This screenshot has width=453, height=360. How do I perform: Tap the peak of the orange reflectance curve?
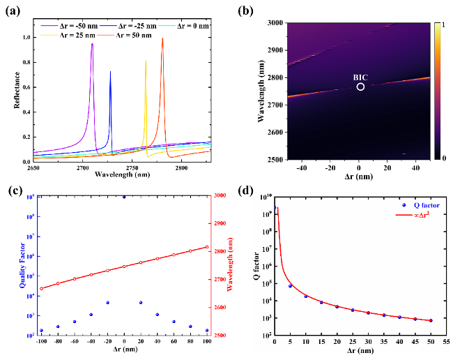coord(162,38)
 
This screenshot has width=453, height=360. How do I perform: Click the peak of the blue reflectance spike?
coord(110,71)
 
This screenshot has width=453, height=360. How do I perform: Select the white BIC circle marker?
coord(360,87)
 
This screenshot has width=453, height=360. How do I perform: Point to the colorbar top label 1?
coord(436,24)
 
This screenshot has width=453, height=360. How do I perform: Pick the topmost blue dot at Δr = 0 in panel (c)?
coord(124,197)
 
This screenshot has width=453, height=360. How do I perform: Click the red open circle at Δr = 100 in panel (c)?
coord(207,247)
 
